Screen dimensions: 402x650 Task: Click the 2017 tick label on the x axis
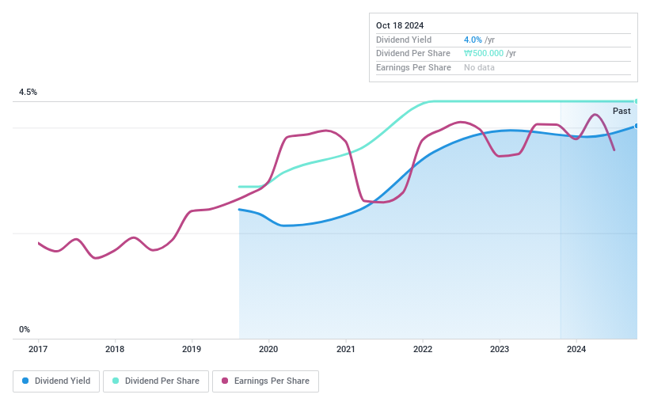click(x=38, y=349)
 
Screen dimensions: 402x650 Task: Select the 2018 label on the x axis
click(x=115, y=349)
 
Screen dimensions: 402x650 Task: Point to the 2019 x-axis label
click(x=192, y=349)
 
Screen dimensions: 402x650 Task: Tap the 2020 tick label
click(x=268, y=349)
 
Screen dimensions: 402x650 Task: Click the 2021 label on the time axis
click(x=345, y=349)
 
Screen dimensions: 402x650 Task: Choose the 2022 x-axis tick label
click(x=422, y=349)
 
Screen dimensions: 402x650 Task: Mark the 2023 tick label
click(x=499, y=349)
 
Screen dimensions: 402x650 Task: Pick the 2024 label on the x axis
click(x=576, y=349)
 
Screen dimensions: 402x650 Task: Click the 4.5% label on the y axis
click(x=29, y=93)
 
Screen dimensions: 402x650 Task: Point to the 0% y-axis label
click(x=25, y=329)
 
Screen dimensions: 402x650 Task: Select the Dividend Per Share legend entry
click(x=156, y=381)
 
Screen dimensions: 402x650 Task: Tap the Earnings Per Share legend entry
click(x=265, y=381)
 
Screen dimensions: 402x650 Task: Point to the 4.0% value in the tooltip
click(x=473, y=40)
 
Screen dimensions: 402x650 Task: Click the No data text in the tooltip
click(x=480, y=68)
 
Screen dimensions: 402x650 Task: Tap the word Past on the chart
click(x=621, y=112)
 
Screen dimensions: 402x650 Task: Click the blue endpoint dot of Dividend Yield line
click(x=637, y=125)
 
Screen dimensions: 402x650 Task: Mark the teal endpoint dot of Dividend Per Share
click(x=637, y=101)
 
